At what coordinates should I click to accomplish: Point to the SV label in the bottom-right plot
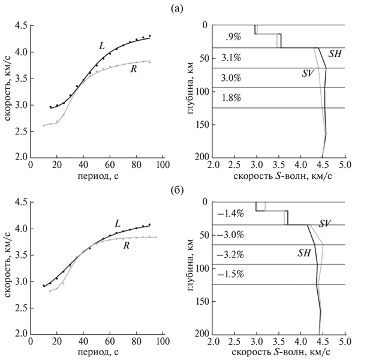coord(326,223)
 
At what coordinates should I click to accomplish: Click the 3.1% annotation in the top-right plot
coord(231,58)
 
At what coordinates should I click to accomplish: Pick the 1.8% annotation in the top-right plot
coord(231,98)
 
